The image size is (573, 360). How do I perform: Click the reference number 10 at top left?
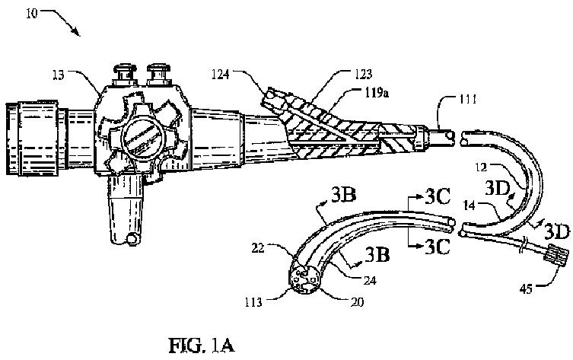32,14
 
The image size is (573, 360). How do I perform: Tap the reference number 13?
59,75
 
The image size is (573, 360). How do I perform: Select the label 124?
221,74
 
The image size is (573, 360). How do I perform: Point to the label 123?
363,74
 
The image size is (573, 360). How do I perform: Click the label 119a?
377,93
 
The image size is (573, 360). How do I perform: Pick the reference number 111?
467,99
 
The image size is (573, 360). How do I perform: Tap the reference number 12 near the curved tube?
481,167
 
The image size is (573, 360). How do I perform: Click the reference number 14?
469,205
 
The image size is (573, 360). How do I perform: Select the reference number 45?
526,289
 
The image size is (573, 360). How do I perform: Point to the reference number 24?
370,280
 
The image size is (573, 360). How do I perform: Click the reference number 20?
358,302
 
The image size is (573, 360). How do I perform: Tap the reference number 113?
253,302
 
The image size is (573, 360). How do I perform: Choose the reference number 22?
258,249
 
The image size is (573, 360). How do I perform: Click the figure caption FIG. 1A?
202,346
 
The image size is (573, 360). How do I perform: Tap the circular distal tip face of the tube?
305,279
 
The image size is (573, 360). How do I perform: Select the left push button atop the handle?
125,74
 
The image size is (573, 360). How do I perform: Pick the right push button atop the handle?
158,74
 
